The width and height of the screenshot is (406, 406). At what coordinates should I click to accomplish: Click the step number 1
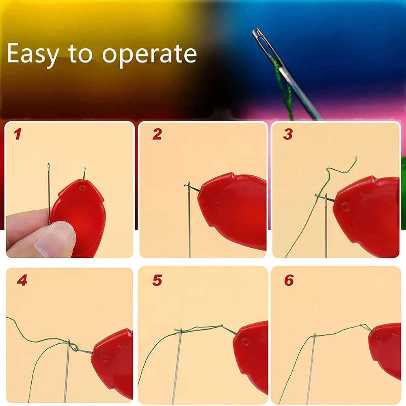(x=17, y=134)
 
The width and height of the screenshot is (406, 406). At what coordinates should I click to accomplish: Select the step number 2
(x=157, y=134)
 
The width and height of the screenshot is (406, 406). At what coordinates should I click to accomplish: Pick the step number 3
(x=288, y=134)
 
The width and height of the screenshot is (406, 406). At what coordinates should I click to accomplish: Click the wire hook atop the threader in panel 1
(x=84, y=173)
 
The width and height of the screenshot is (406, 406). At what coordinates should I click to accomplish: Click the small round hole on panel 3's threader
(x=345, y=207)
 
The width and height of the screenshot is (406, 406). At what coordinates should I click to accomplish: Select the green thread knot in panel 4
(x=74, y=347)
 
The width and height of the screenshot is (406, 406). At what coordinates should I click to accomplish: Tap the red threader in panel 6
(x=386, y=349)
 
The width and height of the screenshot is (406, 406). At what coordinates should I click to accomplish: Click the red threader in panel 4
(x=114, y=363)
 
